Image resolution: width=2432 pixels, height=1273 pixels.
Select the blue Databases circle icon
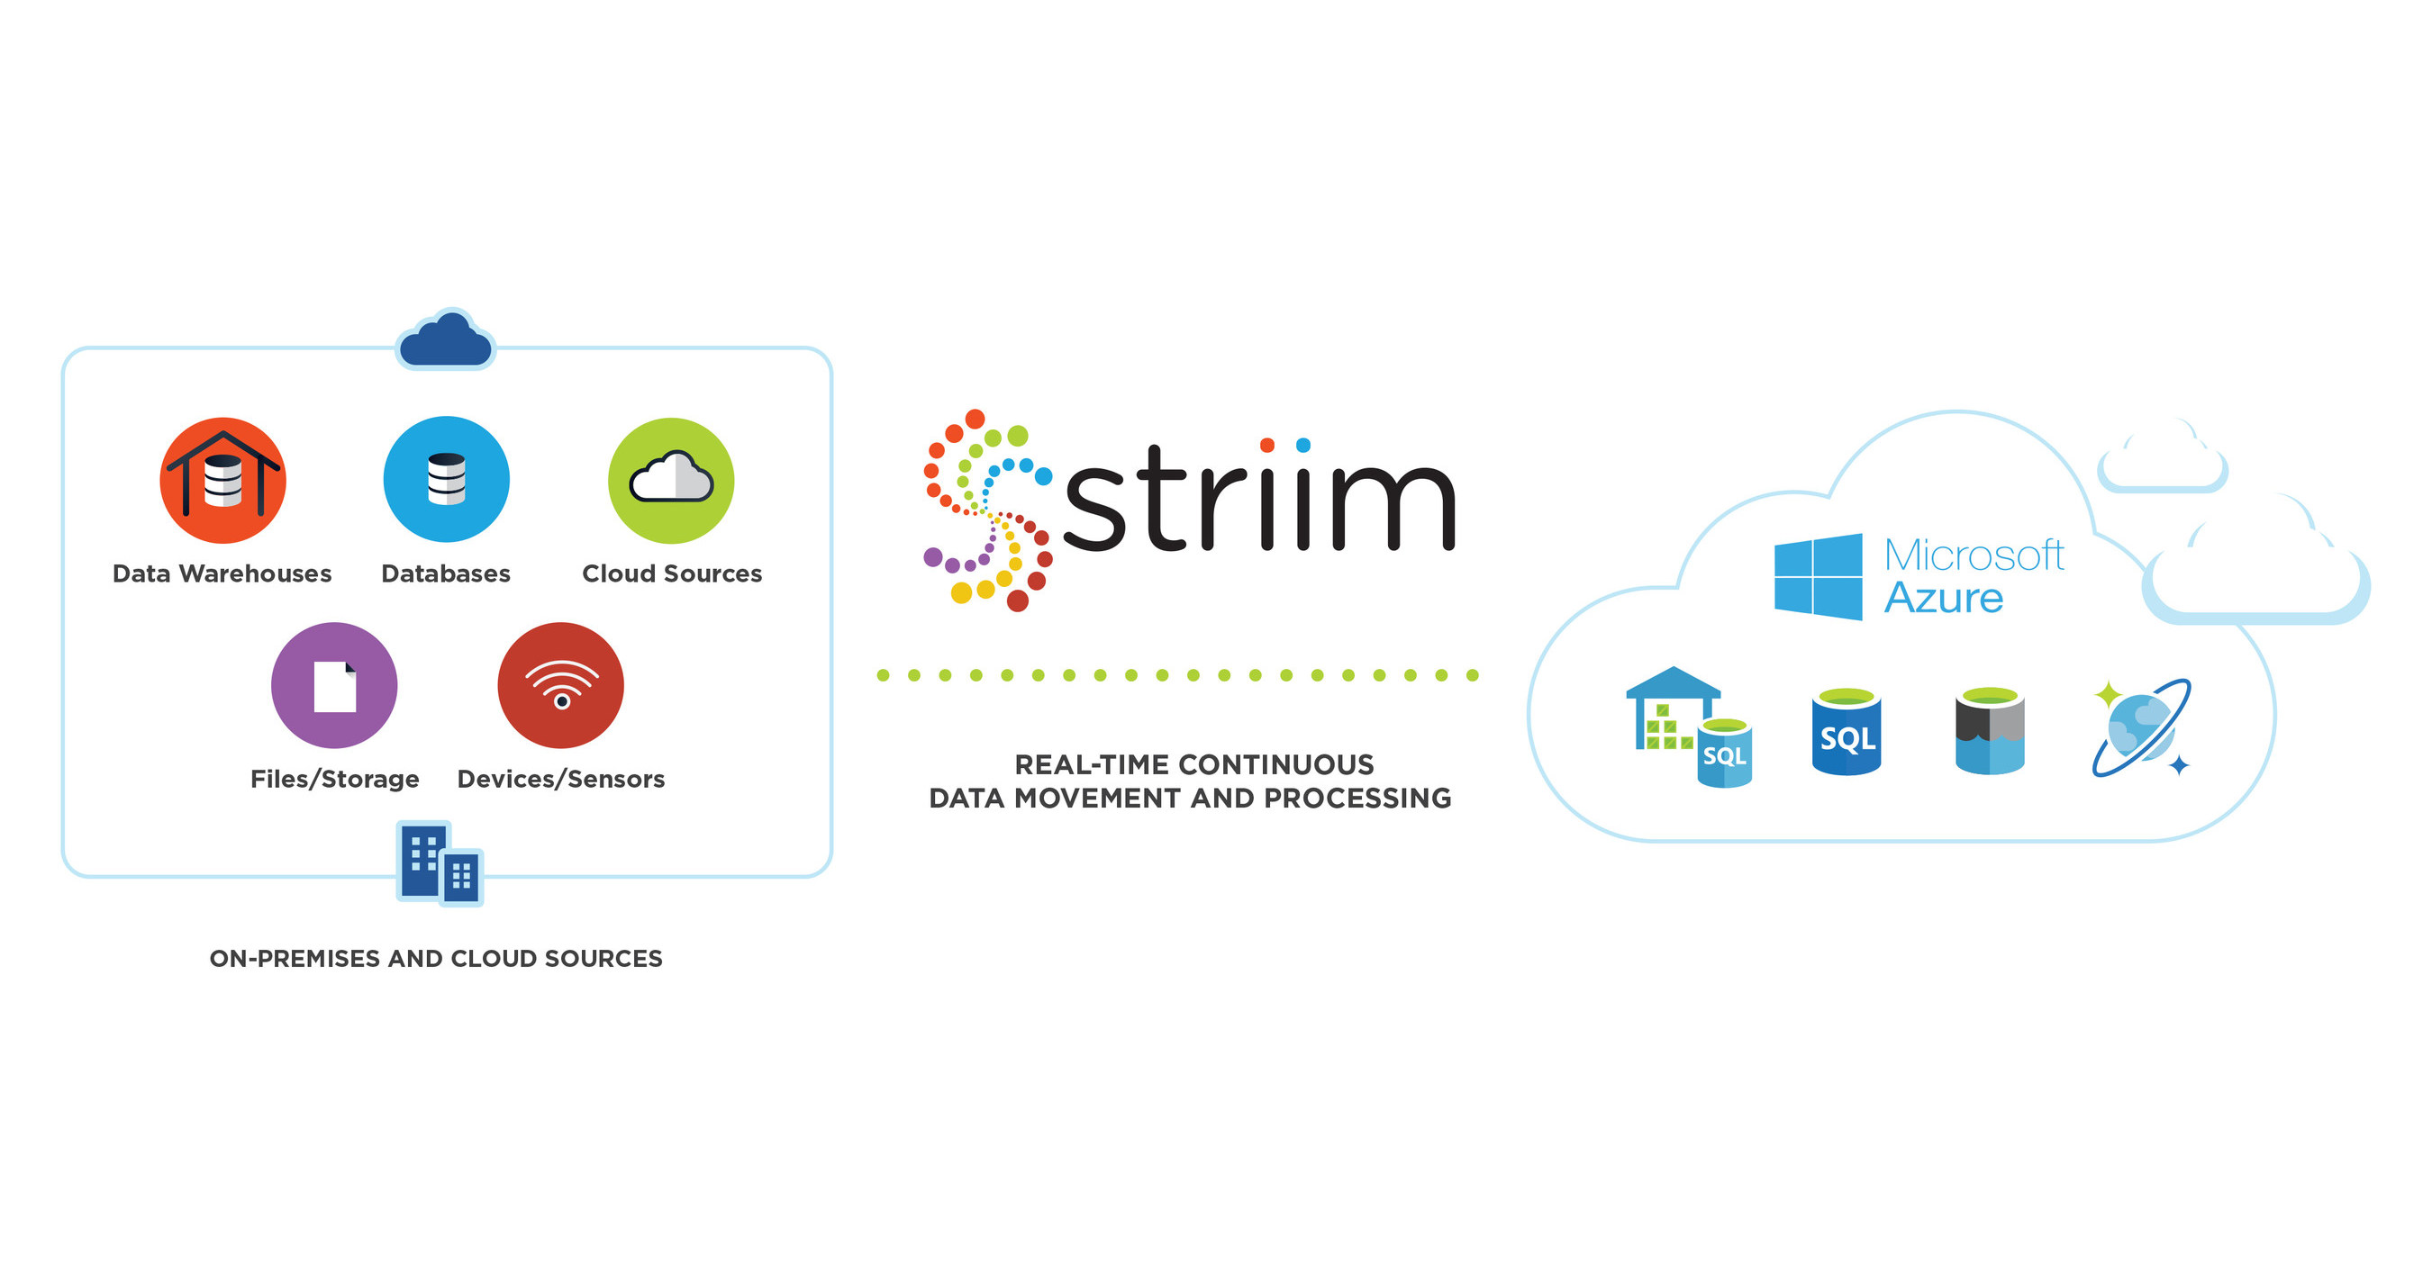point(446,479)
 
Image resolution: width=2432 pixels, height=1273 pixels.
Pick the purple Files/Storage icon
point(334,685)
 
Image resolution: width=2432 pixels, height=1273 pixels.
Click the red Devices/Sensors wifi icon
point(561,685)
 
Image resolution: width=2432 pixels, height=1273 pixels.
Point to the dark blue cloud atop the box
point(446,341)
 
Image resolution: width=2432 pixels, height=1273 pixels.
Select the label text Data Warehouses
point(222,573)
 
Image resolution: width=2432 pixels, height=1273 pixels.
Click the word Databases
point(446,573)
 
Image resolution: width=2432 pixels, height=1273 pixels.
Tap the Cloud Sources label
point(671,573)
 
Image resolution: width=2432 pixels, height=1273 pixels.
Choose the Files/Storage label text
point(334,780)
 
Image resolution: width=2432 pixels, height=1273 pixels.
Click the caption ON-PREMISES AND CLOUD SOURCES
point(435,959)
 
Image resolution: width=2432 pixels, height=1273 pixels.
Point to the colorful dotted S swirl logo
point(986,510)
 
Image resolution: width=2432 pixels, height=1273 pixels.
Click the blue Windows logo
point(1818,576)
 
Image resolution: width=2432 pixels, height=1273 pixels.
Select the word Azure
point(1943,599)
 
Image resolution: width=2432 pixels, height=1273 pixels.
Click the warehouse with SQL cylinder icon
point(1688,727)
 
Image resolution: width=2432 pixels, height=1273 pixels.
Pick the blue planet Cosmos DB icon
point(2141,727)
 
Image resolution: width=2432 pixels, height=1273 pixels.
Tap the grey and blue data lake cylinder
point(1989,731)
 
